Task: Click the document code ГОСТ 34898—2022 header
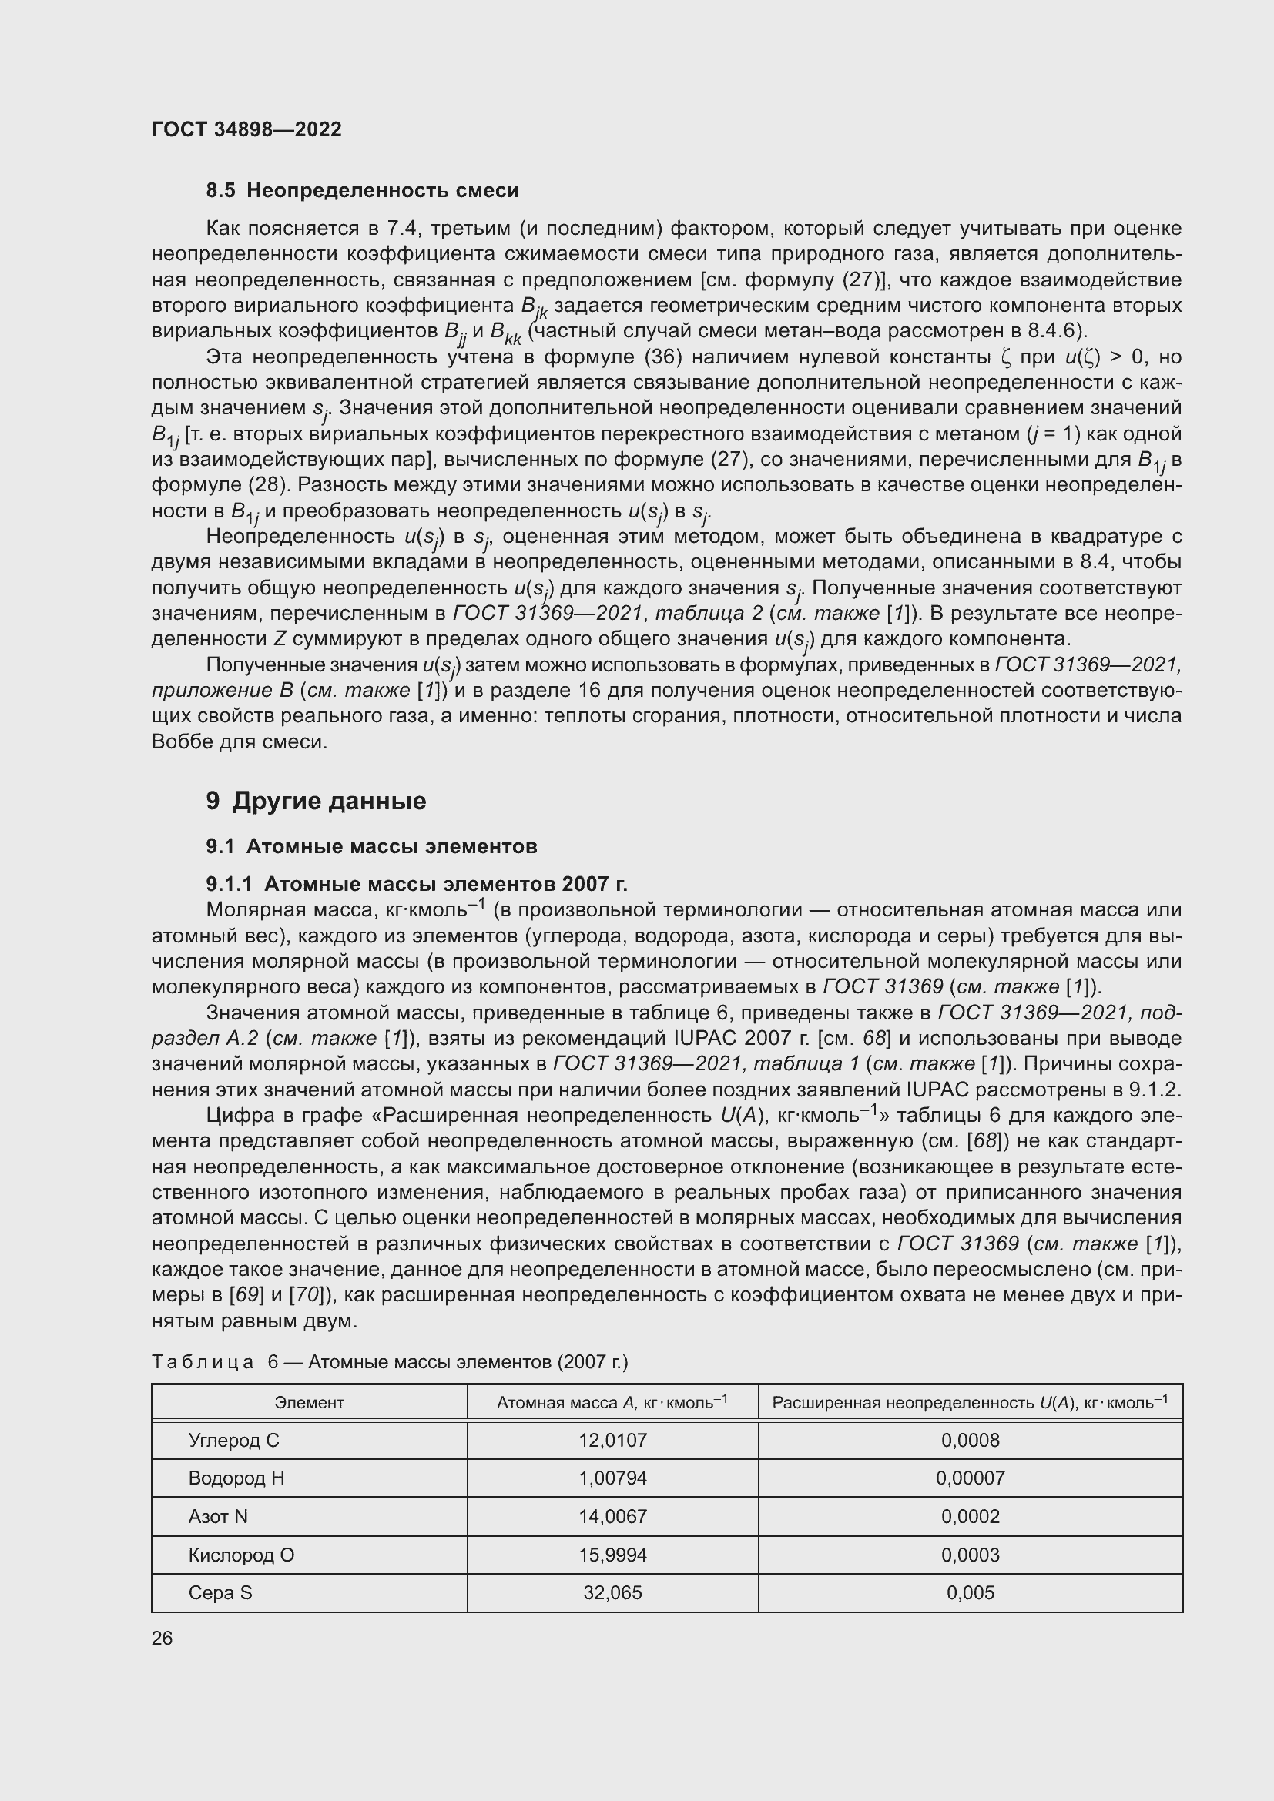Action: (x=246, y=129)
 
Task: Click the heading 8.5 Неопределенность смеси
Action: (x=363, y=191)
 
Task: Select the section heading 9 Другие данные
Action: (x=316, y=801)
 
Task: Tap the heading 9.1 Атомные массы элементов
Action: (x=371, y=846)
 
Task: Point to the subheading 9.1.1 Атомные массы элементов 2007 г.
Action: (x=417, y=884)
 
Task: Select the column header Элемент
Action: (x=309, y=1402)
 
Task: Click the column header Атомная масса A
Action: (x=612, y=1402)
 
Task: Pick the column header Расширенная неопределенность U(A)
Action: (x=970, y=1402)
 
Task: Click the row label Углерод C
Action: (x=234, y=1440)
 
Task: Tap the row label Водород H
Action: (x=236, y=1478)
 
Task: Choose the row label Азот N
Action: (x=218, y=1516)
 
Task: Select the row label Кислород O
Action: (x=242, y=1555)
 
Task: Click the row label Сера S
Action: (x=220, y=1592)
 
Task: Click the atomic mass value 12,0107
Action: (x=612, y=1440)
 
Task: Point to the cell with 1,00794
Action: (x=612, y=1478)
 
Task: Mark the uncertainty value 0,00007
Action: (x=971, y=1478)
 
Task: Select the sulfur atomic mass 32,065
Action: (x=612, y=1592)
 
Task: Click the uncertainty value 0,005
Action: (x=971, y=1592)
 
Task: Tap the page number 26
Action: (x=163, y=1638)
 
